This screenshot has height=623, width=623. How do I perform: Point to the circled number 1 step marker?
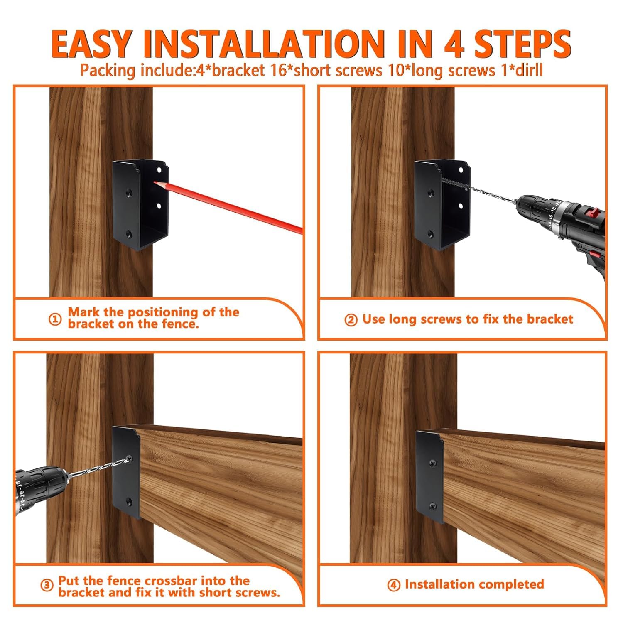tap(55, 319)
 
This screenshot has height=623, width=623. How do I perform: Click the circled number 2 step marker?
tap(351, 320)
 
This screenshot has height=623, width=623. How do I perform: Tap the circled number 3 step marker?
tap(47, 586)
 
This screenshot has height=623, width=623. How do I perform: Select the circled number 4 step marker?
tap(393, 585)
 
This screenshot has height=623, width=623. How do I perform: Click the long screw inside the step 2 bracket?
tap(455, 184)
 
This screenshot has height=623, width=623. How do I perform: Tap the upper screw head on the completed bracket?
tap(433, 462)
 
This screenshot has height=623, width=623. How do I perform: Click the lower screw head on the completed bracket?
tap(433, 506)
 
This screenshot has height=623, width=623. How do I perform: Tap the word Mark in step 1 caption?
tap(83, 312)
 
